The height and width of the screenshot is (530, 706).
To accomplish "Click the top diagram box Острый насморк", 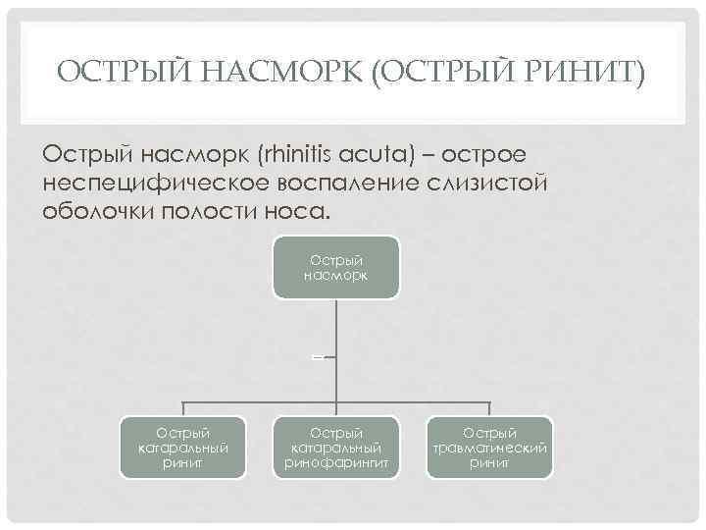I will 335,266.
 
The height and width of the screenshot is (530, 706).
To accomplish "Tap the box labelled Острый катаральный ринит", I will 182,448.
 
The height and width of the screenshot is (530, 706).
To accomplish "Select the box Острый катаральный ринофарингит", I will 336,448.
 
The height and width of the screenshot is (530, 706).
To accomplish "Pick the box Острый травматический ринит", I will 489,448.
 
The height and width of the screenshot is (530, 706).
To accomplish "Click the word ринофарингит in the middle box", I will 336,462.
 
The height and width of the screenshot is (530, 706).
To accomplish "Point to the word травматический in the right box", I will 489,448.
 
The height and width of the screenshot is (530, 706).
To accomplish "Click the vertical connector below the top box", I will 336,334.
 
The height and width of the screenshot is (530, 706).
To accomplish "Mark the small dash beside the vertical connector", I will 318,358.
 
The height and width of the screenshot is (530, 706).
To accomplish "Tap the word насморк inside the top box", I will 335,276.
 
